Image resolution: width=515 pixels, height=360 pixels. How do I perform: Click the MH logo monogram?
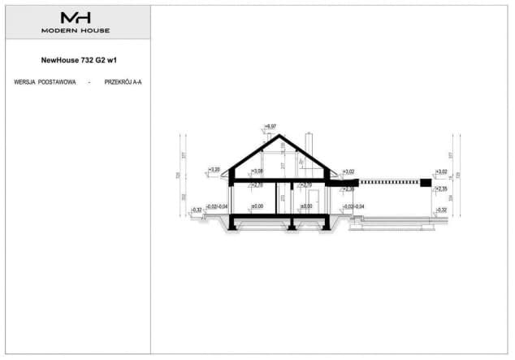coord(76,17)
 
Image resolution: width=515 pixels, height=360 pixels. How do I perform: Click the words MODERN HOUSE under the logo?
coord(76,30)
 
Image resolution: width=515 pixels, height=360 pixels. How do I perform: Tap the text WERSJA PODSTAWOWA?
coord(45,82)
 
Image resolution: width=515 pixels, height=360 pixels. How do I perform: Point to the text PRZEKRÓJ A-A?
coord(123,82)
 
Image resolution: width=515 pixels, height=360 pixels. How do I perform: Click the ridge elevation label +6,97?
coord(270,126)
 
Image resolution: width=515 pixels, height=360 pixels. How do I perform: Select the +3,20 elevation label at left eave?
coord(214,170)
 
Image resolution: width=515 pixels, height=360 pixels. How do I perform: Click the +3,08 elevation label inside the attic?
coord(257,171)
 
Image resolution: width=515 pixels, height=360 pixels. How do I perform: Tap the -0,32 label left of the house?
coord(196,210)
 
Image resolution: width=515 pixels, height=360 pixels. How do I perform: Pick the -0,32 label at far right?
coord(441,210)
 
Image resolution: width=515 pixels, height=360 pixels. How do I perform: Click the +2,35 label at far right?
coord(441,189)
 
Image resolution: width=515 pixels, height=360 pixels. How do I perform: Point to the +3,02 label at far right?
coord(441,171)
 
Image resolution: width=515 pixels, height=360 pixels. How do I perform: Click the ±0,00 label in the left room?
coord(257,206)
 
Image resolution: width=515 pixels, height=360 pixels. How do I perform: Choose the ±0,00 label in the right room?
coord(306,206)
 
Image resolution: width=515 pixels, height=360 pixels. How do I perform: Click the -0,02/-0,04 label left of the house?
coord(217,206)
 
